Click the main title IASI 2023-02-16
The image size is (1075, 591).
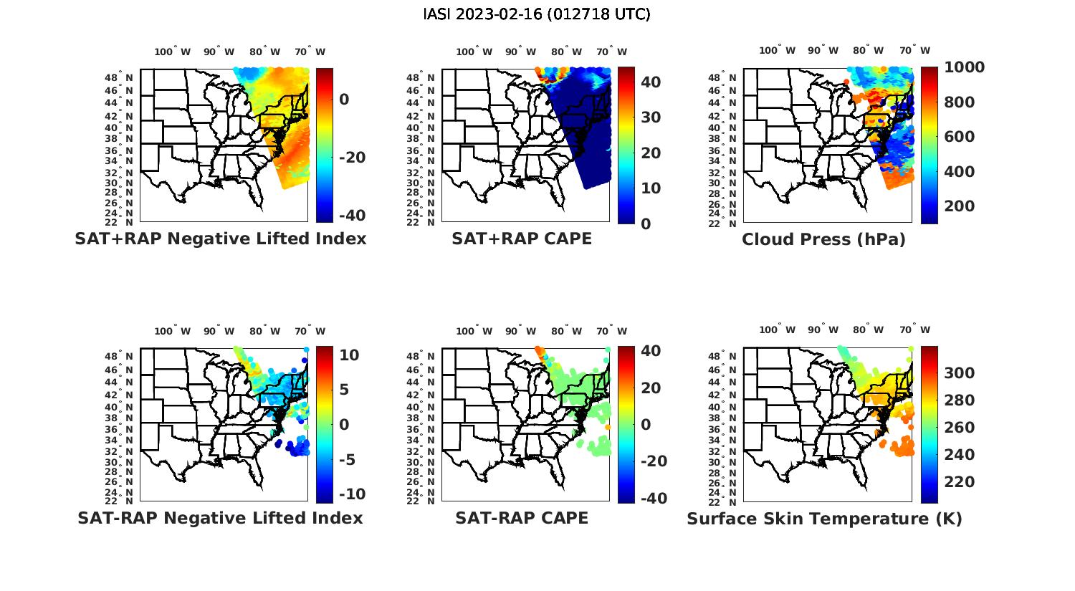(537, 14)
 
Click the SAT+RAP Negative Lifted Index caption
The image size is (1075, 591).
(220, 239)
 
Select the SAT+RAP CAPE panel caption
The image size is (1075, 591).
(522, 239)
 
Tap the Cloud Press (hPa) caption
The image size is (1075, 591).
(823, 239)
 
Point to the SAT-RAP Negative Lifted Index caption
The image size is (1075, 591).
(220, 518)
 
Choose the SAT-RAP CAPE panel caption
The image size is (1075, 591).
(522, 518)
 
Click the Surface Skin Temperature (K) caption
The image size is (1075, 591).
(824, 519)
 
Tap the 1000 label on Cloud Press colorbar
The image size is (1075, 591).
(964, 67)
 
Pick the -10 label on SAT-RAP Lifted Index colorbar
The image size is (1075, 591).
(351, 494)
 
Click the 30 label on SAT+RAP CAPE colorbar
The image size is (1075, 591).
(651, 117)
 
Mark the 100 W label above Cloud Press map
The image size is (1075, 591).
(777, 51)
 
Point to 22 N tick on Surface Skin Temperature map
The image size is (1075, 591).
(727, 501)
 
